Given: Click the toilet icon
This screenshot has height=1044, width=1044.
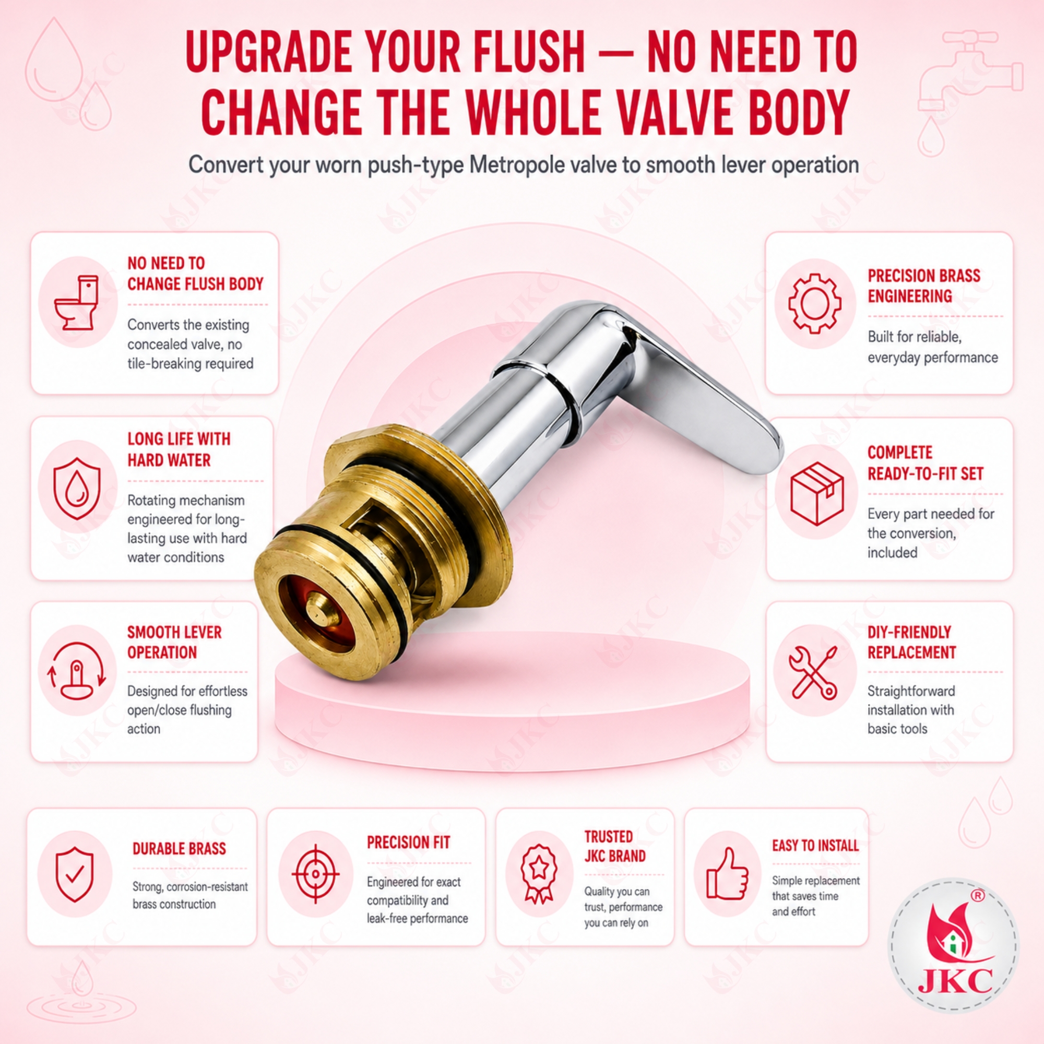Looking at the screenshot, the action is tap(77, 303).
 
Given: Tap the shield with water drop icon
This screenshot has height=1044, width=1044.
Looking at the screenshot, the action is tap(77, 488).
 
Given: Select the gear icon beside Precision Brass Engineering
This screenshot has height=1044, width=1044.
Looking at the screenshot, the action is tap(814, 303).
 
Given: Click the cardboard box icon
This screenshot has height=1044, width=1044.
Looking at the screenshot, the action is tap(816, 493).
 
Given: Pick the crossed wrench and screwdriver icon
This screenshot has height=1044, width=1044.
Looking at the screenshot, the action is tap(813, 673).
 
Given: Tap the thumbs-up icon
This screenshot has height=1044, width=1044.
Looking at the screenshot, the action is tap(728, 873).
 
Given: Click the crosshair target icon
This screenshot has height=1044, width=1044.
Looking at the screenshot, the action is tap(315, 874).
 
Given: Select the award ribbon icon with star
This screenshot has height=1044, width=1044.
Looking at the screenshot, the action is tap(538, 873).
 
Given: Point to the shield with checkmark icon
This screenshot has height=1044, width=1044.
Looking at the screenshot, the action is tap(75, 874).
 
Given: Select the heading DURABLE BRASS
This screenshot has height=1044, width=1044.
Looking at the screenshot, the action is tap(179, 848).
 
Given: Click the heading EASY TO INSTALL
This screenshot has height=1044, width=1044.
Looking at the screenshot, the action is tap(815, 845).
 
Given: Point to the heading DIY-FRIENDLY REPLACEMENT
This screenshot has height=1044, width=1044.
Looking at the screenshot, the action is tap(911, 642).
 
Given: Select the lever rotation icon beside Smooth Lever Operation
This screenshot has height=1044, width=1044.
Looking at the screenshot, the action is tap(77, 671).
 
